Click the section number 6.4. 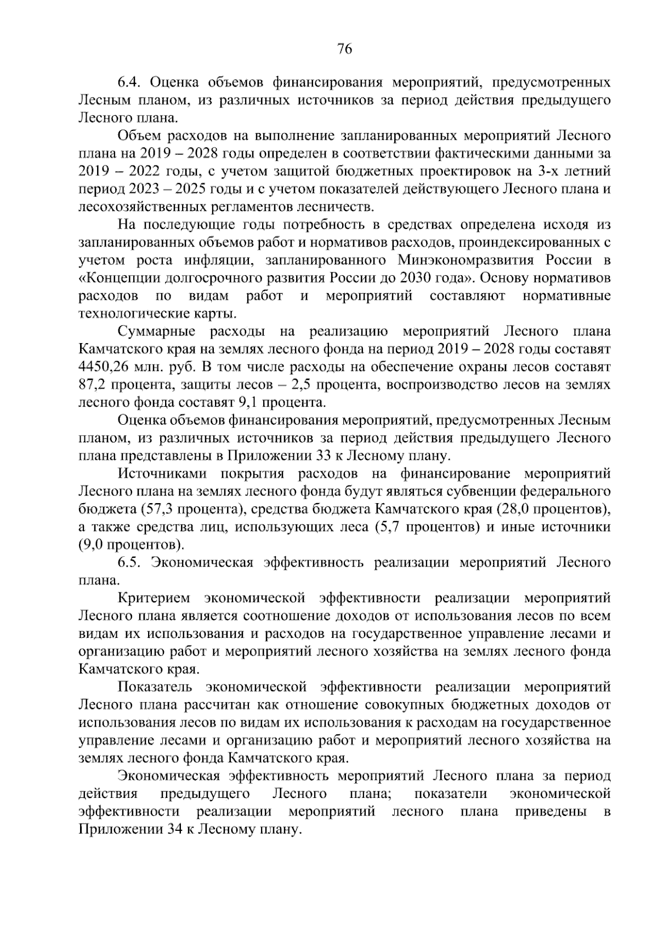click(131, 83)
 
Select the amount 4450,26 click(105, 367)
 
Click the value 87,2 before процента click(92, 385)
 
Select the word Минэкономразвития click(462, 260)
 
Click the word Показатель click(155, 687)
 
